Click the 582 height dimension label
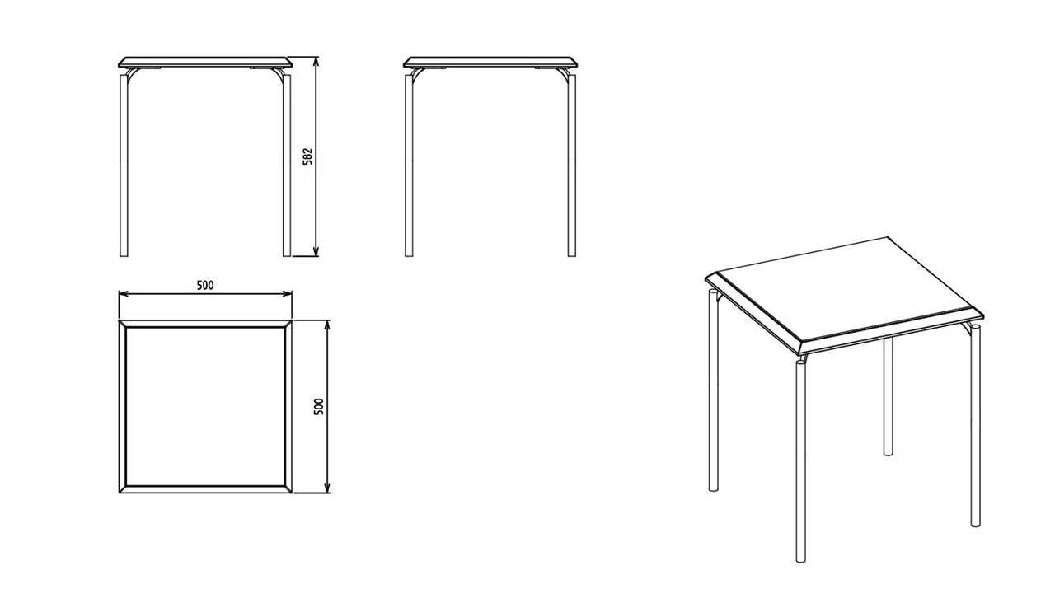pyautogui.click(x=307, y=157)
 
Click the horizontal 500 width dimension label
pyautogui.click(x=205, y=285)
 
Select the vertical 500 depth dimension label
pyautogui.click(x=319, y=407)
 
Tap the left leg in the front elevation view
pyautogui.click(x=124, y=165)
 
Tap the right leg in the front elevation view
pyautogui.click(x=287, y=165)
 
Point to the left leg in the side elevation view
pyautogui.click(x=409, y=165)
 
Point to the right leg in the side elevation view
pyautogui.click(x=572, y=165)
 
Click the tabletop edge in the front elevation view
pyautogui.click(x=205, y=62)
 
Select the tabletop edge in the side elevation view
pyautogui.click(x=490, y=62)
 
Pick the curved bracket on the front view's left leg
pyautogui.click(x=131, y=74)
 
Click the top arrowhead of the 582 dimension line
pyautogui.click(x=316, y=61)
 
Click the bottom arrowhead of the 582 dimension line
pyautogui.click(x=316, y=252)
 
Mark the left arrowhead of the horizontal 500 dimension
pyautogui.click(x=124, y=294)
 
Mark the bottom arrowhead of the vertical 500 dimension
pyautogui.click(x=327, y=488)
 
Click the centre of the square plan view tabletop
pyautogui.click(x=205, y=407)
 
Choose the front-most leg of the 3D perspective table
pyautogui.click(x=800, y=461)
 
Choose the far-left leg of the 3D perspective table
pyautogui.click(x=714, y=390)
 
